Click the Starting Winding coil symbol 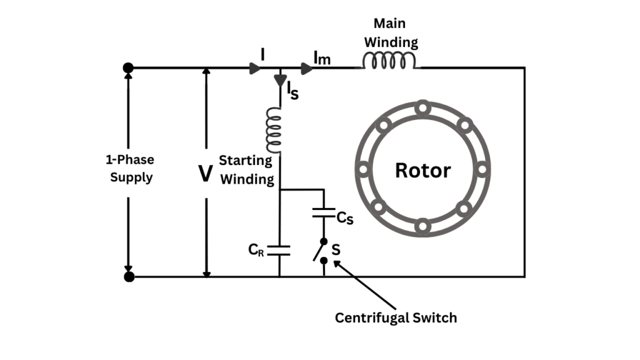[x=273, y=130]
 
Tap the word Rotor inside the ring [x=422, y=170]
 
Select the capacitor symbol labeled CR [x=279, y=251]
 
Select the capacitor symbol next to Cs [x=324, y=212]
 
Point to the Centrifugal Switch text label [x=396, y=317]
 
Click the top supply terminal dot [x=129, y=67]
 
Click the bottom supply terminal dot [x=129, y=276]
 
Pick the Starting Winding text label [x=247, y=170]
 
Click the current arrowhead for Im [x=306, y=67]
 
